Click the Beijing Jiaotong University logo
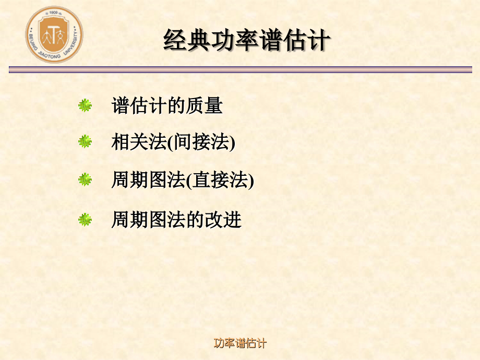[54, 35]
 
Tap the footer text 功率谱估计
[240, 343]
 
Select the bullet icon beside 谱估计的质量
[85, 105]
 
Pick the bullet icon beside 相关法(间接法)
[85, 141]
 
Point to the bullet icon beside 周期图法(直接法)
[85, 180]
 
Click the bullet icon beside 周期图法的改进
[85, 220]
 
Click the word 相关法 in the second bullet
[138, 142]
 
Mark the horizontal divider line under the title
[240, 69]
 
